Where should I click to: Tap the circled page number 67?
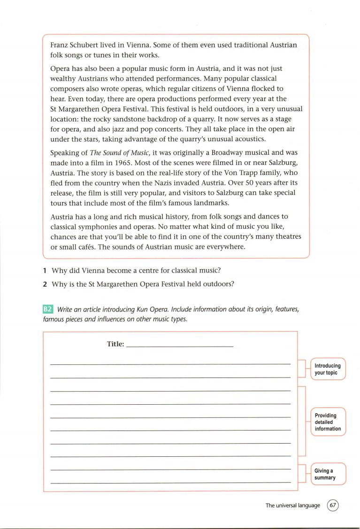pyautogui.click(x=333, y=505)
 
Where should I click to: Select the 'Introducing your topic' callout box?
pyautogui.click(x=328, y=369)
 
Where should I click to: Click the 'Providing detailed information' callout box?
pyautogui.click(x=328, y=422)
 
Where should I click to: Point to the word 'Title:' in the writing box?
pyautogui.click(x=115, y=344)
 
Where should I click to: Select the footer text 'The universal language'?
pyautogui.click(x=293, y=505)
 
